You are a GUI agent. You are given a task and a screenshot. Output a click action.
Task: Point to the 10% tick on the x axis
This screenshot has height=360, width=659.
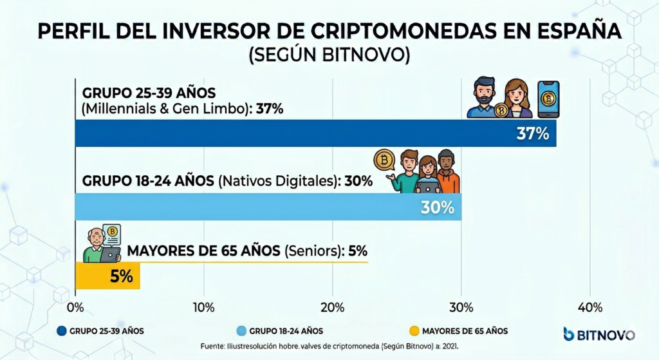tap(203, 307)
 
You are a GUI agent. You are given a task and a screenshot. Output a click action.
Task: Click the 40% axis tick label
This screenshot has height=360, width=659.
tap(589, 307)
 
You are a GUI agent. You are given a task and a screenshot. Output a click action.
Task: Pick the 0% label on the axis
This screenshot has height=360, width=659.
tap(75, 307)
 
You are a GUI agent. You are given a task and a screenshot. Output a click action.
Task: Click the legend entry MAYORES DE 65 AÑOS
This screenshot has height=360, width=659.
tap(465, 331)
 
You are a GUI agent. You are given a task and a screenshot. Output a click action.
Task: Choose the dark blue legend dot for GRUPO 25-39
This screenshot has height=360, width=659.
tap(62, 331)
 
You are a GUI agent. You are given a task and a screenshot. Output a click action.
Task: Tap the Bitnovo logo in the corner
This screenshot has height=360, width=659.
tap(599, 334)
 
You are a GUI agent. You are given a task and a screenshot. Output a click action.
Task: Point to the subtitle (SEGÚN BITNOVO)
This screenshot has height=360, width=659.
tap(329, 55)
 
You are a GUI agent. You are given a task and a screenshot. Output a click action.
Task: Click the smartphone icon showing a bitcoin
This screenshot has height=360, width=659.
tap(548, 99)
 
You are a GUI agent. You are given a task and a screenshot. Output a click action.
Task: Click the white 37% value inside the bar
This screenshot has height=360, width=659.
tap(532, 134)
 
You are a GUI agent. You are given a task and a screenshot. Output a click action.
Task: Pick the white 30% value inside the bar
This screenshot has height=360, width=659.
tap(438, 207)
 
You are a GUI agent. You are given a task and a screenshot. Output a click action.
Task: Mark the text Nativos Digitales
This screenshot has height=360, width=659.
tap(277, 181)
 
